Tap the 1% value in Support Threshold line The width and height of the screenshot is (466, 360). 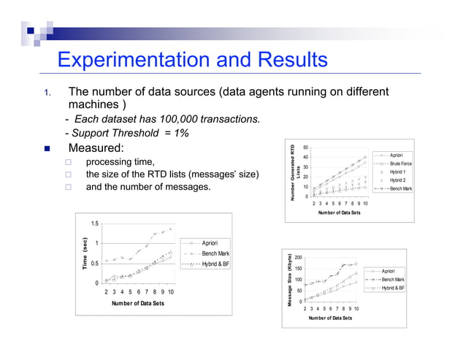coord(180,133)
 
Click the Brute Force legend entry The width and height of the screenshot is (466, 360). coord(400,164)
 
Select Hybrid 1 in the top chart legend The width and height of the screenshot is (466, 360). coord(397,172)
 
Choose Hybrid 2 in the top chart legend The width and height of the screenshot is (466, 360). coord(397,180)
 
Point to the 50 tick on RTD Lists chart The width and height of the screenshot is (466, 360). coord(306,148)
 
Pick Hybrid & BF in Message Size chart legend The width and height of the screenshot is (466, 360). coord(393,288)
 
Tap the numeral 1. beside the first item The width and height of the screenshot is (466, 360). coord(45,93)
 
